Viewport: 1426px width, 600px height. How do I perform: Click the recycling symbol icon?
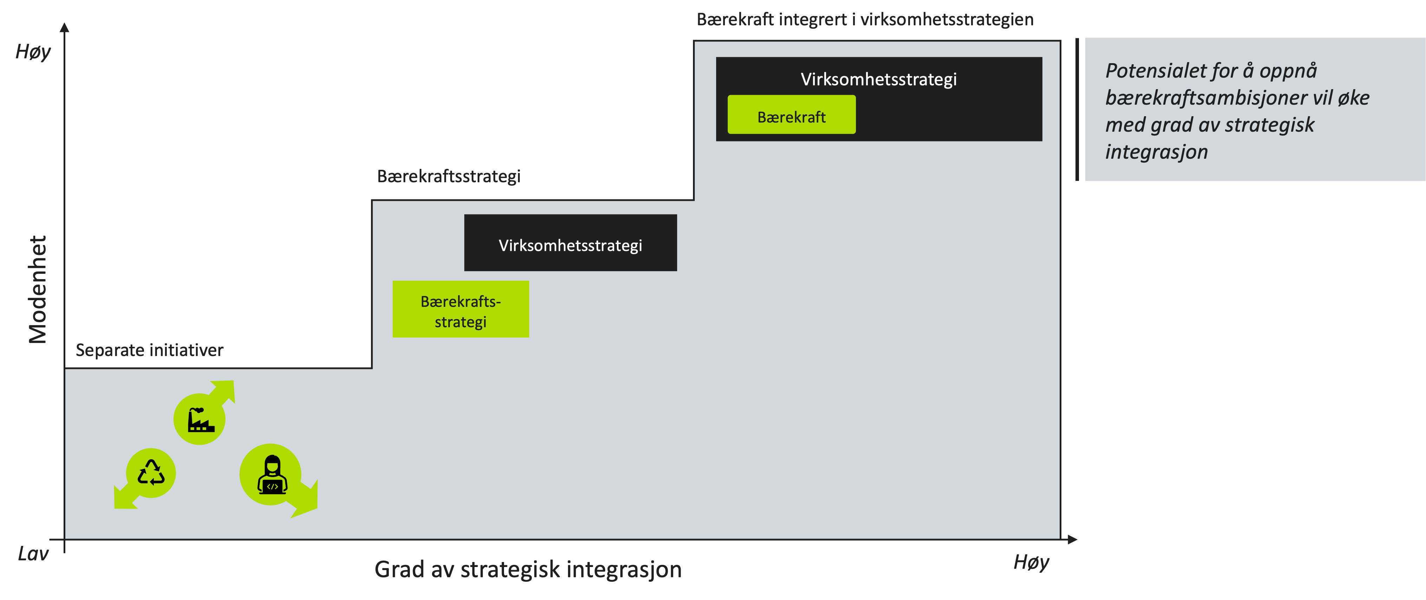click(x=151, y=473)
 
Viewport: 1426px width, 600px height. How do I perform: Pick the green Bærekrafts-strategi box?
click(x=460, y=309)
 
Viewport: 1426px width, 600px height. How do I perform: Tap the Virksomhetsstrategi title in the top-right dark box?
click(x=878, y=79)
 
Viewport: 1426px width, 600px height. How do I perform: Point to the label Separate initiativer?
click(x=150, y=350)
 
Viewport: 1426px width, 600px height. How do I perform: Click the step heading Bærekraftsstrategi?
click(x=449, y=176)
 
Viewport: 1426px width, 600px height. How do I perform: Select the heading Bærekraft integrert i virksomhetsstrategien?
click(x=865, y=19)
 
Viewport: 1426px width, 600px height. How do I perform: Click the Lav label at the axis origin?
click(x=33, y=554)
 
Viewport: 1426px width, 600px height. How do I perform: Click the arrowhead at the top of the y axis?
click(x=65, y=27)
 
